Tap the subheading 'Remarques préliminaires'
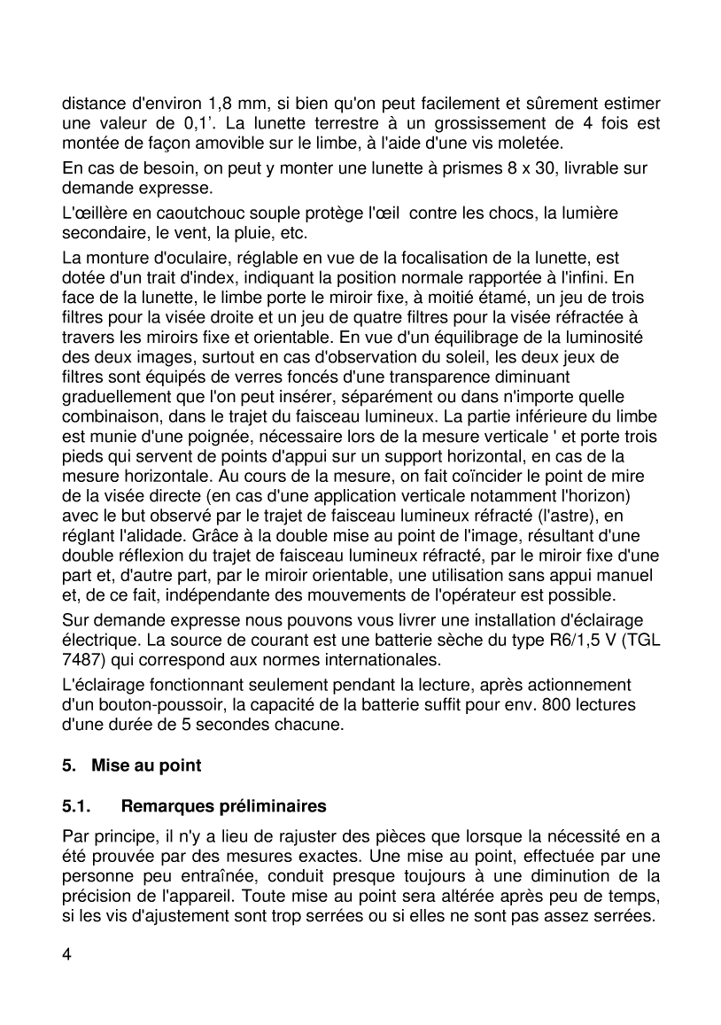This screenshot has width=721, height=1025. pos(223,806)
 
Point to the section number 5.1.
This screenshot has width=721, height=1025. pos(77,806)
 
